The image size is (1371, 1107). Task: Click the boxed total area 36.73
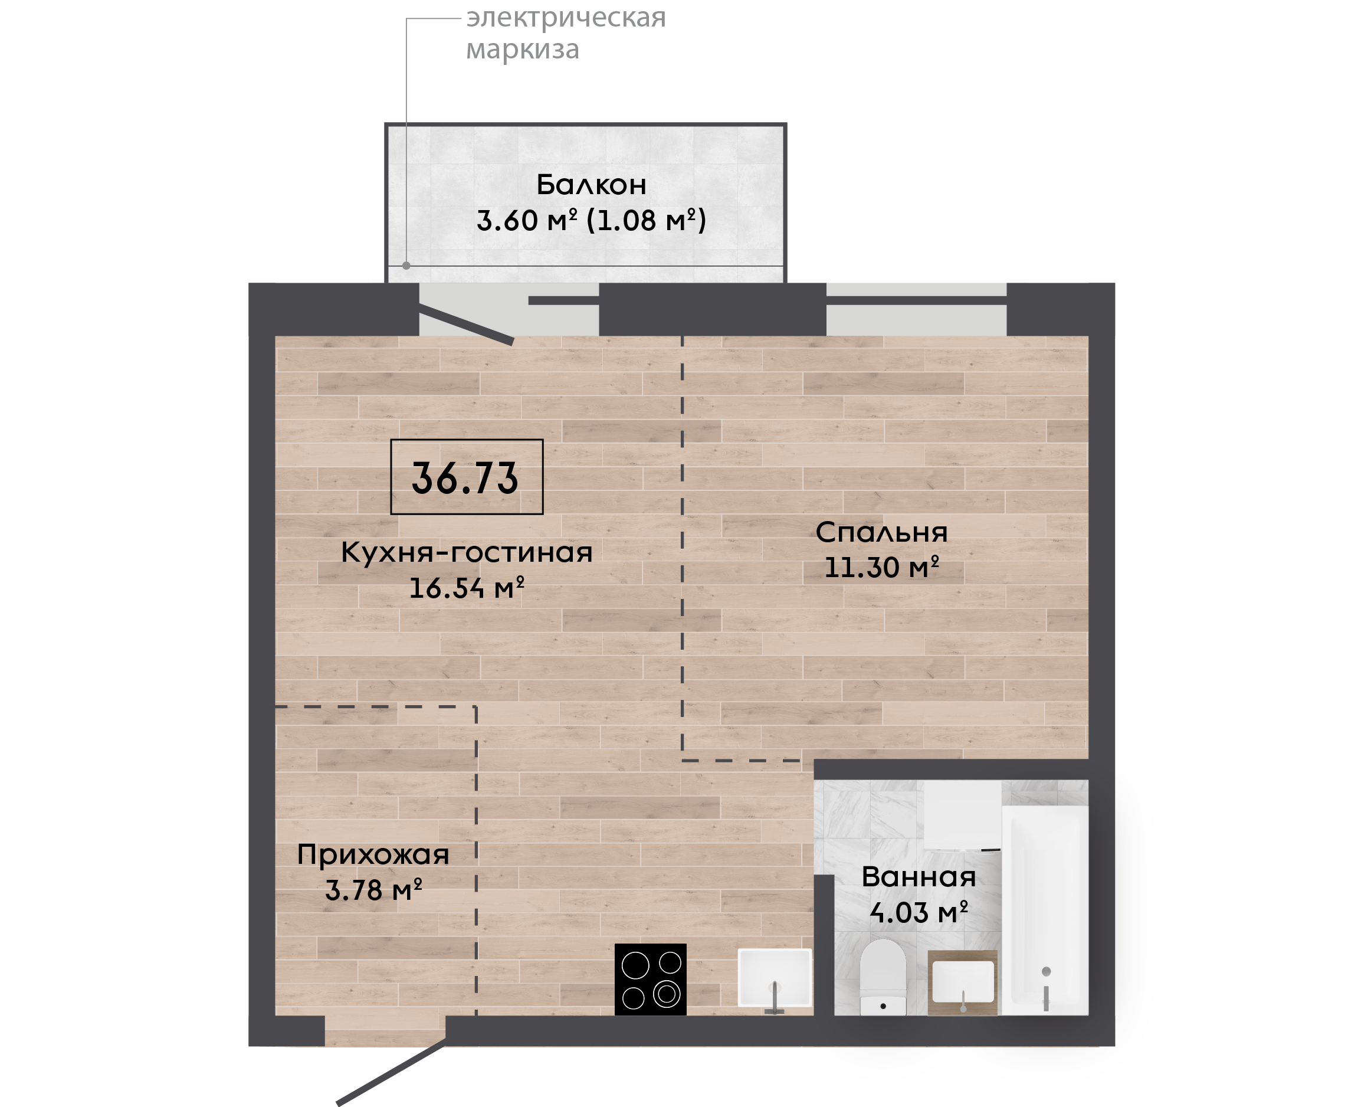(x=467, y=477)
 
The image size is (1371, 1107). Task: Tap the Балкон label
(x=592, y=185)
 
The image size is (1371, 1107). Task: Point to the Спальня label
(x=881, y=532)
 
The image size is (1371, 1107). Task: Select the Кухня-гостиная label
(x=467, y=552)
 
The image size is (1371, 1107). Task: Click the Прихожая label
(x=373, y=855)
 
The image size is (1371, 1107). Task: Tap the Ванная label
(x=919, y=877)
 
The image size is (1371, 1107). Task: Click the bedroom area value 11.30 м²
(x=881, y=568)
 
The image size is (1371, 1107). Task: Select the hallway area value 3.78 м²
(x=373, y=890)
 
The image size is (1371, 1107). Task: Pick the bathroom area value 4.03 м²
(x=919, y=912)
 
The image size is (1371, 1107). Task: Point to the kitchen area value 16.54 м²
(x=467, y=588)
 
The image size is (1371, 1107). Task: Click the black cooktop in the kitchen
(x=650, y=979)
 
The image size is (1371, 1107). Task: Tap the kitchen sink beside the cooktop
(x=775, y=978)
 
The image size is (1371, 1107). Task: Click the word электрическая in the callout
(x=566, y=18)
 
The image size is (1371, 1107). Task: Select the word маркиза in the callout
(x=523, y=49)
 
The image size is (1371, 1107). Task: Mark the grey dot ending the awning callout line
(x=406, y=266)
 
